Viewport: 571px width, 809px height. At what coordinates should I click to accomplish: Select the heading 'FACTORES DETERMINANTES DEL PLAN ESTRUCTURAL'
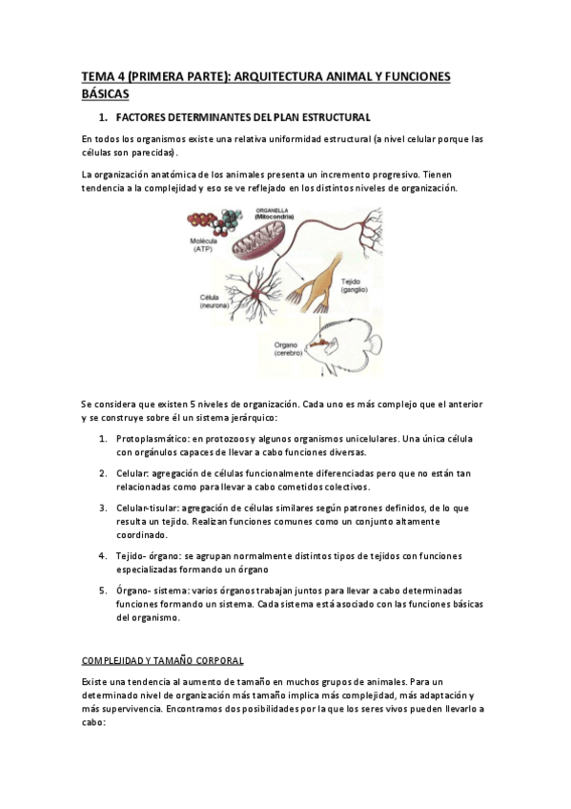tap(242, 118)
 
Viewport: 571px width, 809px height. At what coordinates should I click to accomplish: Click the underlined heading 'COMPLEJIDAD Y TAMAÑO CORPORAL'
tap(162, 659)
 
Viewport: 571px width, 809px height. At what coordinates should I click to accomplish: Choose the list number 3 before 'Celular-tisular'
tap(103, 508)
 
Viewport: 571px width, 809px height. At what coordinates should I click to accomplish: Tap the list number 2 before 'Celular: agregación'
tap(103, 473)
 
